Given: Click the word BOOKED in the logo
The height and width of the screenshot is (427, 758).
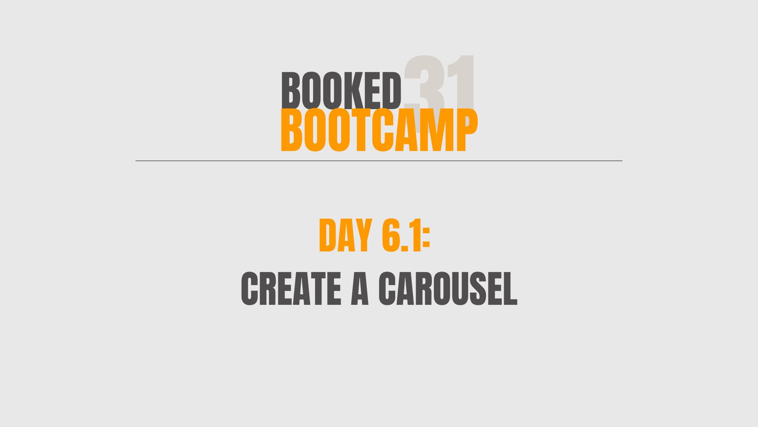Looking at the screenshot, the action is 341,91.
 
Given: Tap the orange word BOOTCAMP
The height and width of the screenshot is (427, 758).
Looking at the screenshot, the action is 379,130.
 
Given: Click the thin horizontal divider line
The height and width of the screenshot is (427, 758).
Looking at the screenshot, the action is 379,161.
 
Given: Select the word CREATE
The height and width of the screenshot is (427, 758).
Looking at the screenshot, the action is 291,289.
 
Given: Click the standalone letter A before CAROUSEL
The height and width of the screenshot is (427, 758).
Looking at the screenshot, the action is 360,289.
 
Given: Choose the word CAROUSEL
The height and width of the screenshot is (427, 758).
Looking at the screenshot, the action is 448,289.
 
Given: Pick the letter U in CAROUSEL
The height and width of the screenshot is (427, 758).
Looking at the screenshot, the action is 465,289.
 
